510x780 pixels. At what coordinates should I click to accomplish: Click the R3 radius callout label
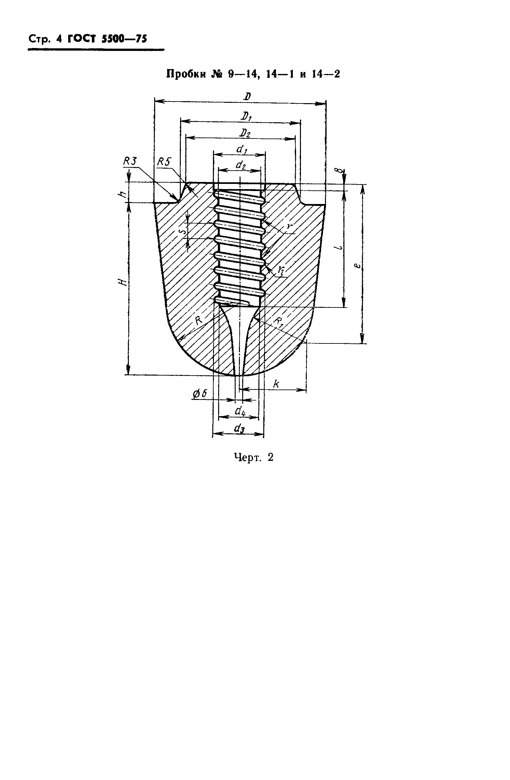tap(130, 161)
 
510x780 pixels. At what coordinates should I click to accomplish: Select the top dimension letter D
tap(247, 96)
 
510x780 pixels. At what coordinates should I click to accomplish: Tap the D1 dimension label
tap(246, 116)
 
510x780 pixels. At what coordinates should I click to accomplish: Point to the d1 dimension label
tap(242, 150)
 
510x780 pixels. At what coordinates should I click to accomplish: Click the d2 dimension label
tap(241, 165)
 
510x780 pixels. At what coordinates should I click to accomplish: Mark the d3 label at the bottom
tap(239, 428)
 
